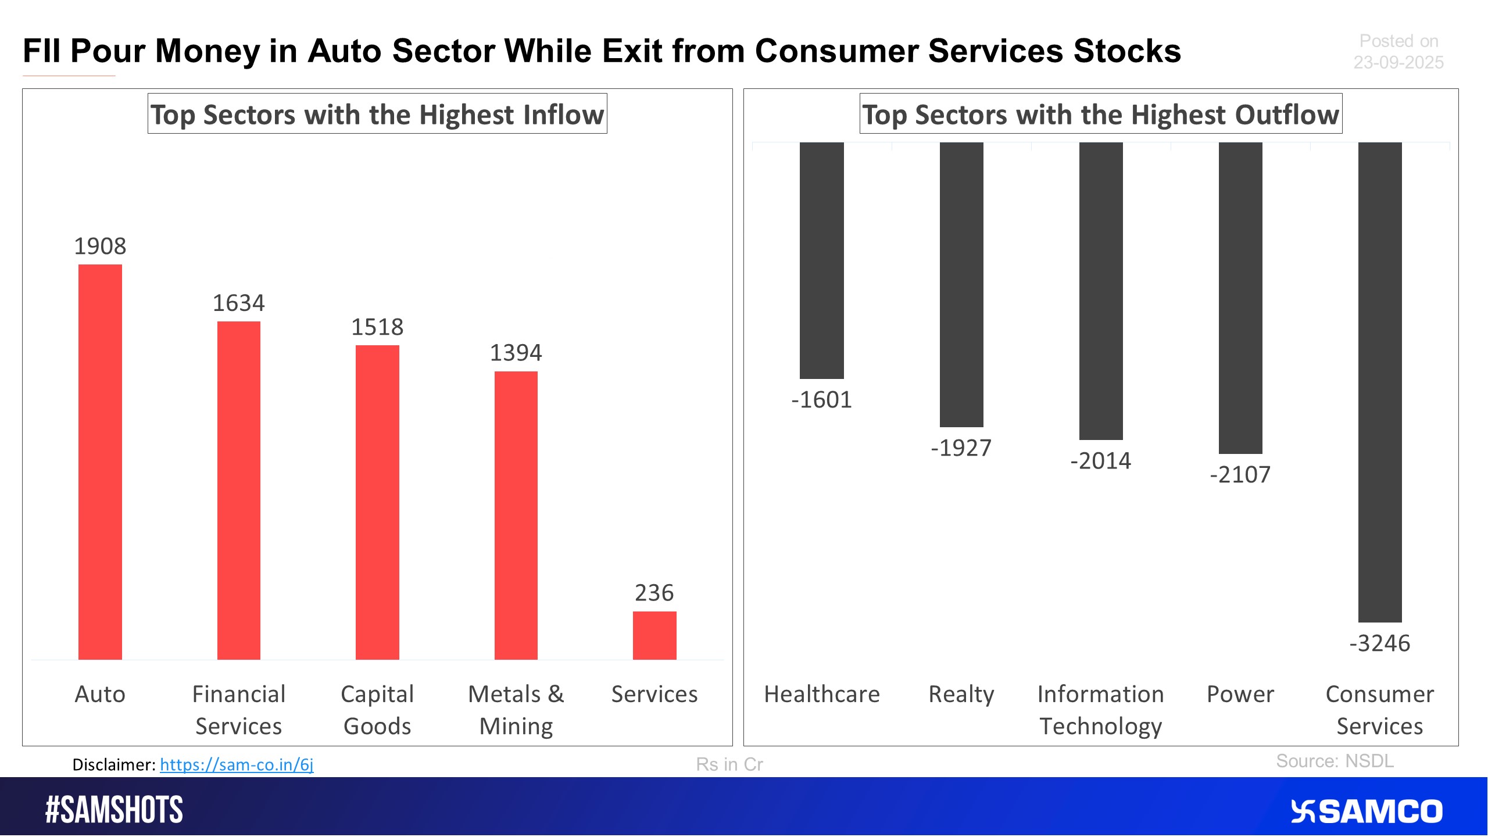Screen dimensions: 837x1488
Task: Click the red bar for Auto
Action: click(100, 462)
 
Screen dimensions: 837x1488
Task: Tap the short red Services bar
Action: click(654, 635)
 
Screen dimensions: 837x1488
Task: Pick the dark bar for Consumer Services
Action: click(1379, 382)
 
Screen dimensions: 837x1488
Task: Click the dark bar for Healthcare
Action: click(821, 260)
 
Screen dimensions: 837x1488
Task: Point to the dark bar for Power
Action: click(1240, 298)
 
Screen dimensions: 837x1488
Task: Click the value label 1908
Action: click(100, 246)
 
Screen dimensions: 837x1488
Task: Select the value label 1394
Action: click(516, 353)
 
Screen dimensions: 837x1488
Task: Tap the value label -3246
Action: click(1379, 643)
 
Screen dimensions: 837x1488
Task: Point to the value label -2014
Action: click(1100, 461)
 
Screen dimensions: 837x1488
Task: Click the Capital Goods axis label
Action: click(377, 710)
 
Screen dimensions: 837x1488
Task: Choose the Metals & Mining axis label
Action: click(516, 710)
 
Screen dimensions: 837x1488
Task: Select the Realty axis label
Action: click(961, 694)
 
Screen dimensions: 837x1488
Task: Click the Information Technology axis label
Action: click(1100, 710)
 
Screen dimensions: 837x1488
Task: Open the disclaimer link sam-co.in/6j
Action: click(237, 764)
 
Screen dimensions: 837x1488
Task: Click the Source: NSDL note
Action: click(1335, 761)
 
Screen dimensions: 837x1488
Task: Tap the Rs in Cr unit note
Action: click(729, 764)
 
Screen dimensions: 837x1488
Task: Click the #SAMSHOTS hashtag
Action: click(114, 810)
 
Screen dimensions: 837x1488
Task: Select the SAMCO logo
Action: click(1366, 811)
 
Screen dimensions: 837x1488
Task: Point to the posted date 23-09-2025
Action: click(1398, 62)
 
